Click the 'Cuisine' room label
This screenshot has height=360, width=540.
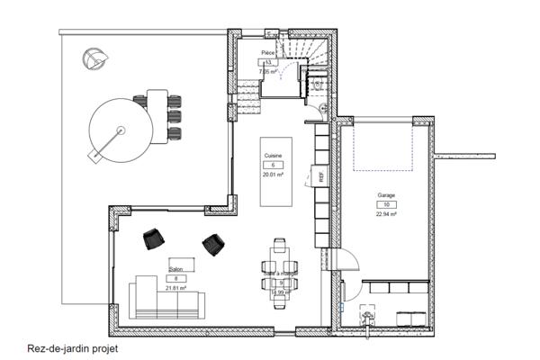click(273, 156)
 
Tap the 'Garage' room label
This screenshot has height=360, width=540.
click(387, 194)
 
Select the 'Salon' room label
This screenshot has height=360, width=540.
click(176, 267)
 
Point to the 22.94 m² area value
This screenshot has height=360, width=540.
click(387, 215)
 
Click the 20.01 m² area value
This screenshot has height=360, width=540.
click(273, 176)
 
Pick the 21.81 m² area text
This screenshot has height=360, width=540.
click(176, 288)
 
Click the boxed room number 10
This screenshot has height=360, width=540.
click(387, 204)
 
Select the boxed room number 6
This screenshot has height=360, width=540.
click(273, 166)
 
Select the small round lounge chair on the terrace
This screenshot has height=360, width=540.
click(94, 59)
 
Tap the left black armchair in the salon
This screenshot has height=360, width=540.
click(154, 238)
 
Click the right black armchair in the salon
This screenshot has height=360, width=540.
click(213, 243)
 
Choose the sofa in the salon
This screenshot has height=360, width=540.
click(164, 299)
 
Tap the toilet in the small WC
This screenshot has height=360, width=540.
click(318, 83)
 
